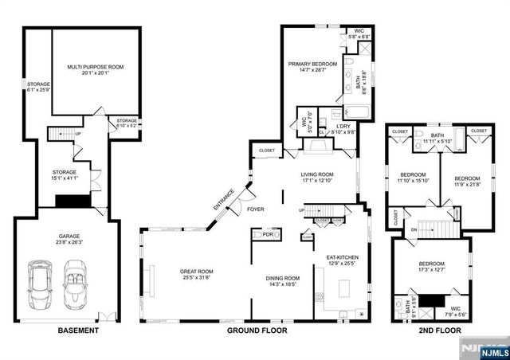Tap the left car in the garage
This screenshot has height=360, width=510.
40,284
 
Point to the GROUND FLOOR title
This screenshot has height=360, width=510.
257,330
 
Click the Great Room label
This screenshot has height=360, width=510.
196,275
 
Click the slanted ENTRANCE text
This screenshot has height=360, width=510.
224,198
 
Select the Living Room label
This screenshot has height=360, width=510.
316,177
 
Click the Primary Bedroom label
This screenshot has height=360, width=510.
312,67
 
